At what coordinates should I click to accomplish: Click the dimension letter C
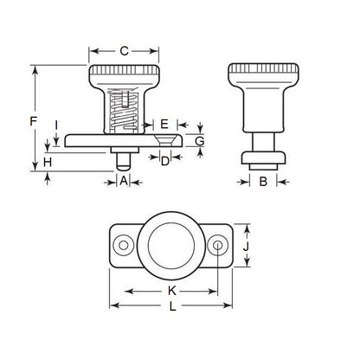pyautogui.click(x=124, y=52)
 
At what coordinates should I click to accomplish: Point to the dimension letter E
pyautogui.click(x=164, y=124)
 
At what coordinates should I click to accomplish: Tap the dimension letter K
pyautogui.click(x=172, y=291)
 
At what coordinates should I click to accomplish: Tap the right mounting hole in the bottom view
pyautogui.click(x=219, y=247)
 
